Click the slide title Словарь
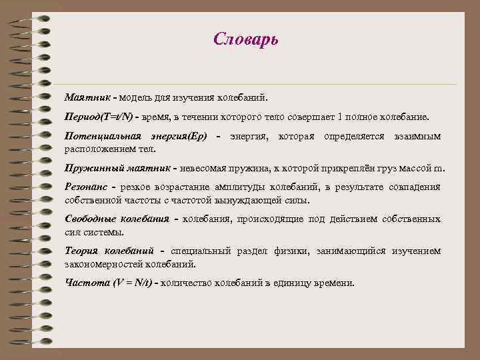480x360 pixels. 246,39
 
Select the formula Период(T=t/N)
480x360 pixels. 99,117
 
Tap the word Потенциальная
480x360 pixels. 98,136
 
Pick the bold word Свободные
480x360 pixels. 90,219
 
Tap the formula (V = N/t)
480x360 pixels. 131,283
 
